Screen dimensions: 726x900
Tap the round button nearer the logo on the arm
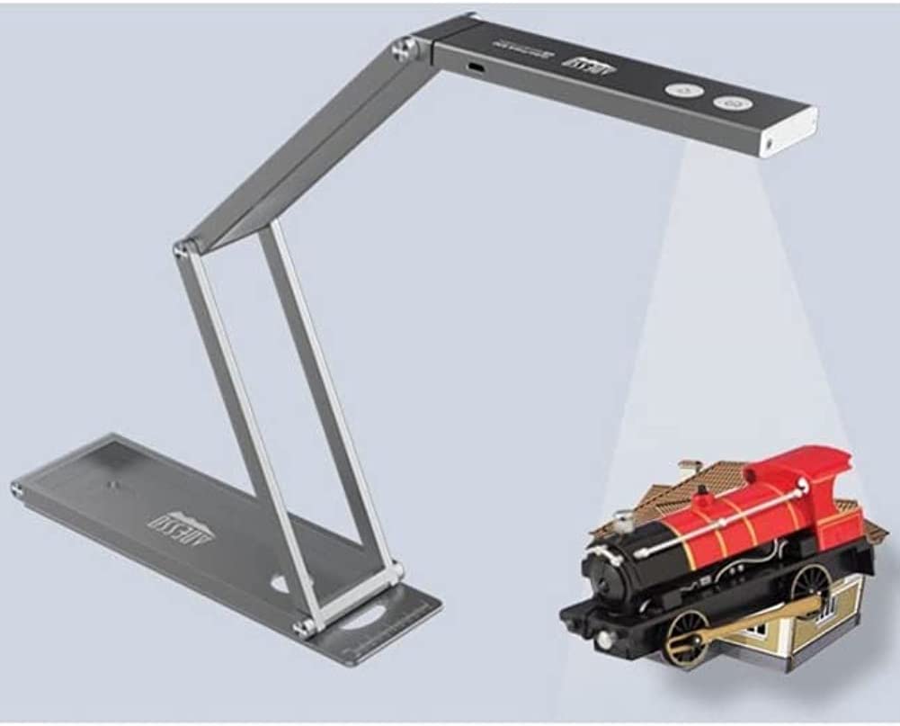tap(682, 90)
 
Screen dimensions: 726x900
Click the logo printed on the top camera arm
tap(589, 66)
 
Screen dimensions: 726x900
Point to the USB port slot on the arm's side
tap(476, 67)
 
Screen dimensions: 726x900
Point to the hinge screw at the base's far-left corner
tap(16, 489)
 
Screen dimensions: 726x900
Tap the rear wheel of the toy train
tap(811, 586)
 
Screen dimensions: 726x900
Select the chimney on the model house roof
tap(688, 470)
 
